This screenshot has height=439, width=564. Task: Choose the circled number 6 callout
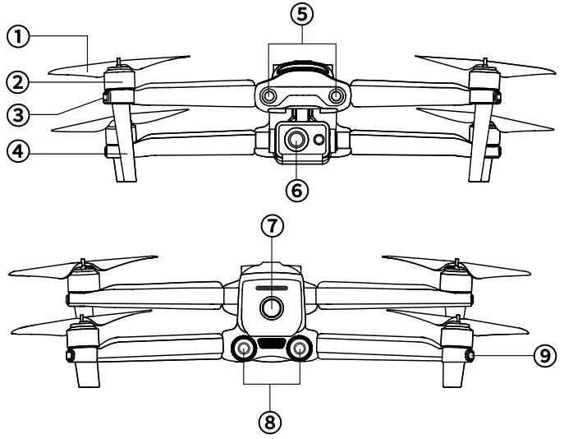tap(297, 189)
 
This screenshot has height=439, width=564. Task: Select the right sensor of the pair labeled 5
tap(335, 96)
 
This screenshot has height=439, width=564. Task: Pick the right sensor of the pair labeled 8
tap(301, 349)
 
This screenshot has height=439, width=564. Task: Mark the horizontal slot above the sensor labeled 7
tap(269, 289)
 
